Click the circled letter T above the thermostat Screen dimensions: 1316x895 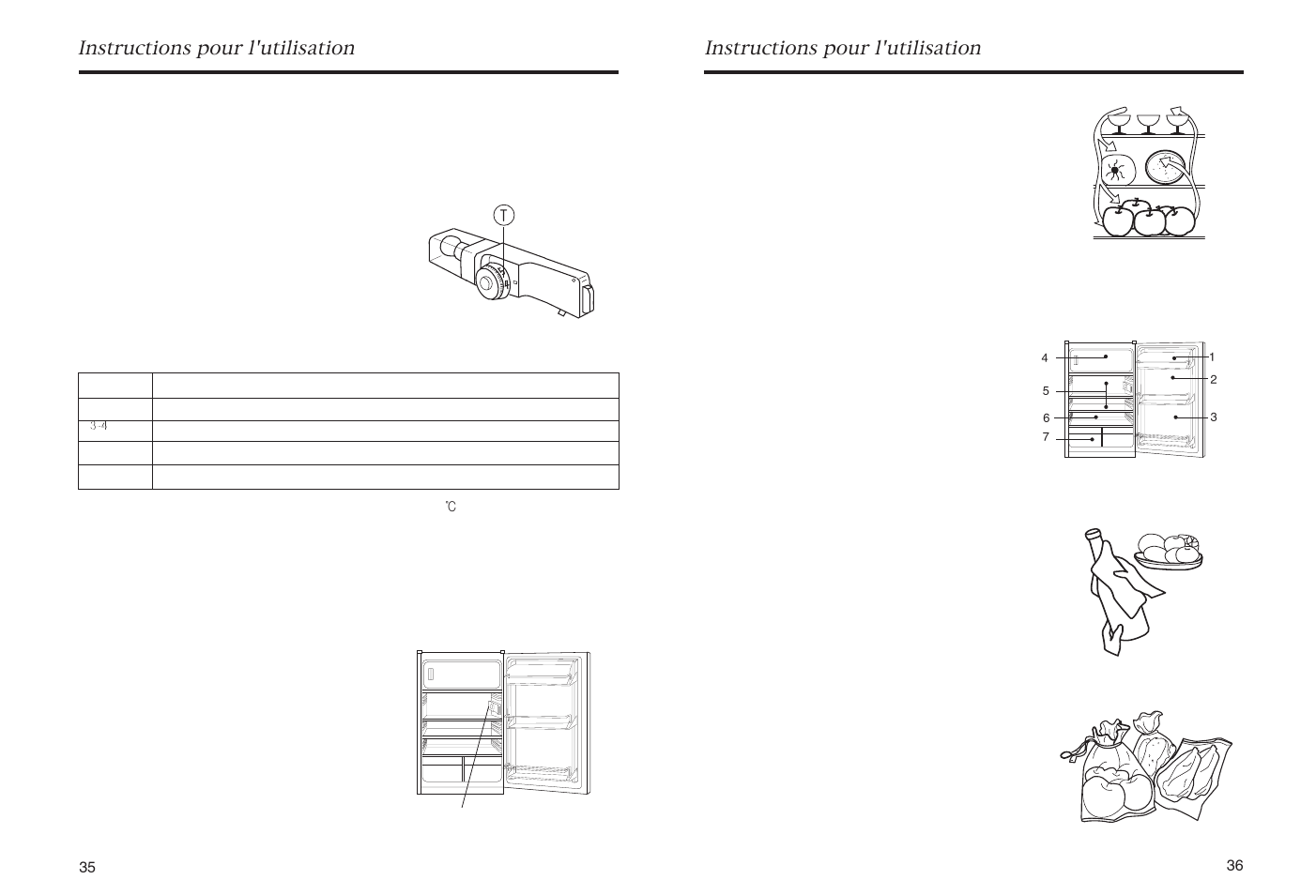[504, 216]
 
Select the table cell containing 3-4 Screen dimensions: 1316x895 [99, 426]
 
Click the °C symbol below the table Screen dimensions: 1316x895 [451, 508]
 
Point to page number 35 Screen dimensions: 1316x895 [87, 868]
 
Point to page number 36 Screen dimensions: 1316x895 [1234, 866]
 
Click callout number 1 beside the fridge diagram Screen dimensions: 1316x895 [1212, 357]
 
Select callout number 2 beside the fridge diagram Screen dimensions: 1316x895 [1213, 380]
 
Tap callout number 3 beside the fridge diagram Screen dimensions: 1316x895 [1213, 417]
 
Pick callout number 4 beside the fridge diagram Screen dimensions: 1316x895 [1045, 358]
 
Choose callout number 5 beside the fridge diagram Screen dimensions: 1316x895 [1046, 391]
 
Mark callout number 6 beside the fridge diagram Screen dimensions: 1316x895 [1046, 418]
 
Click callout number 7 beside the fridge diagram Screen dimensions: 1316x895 [1046, 437]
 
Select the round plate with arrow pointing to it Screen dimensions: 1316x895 [1167, 168]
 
